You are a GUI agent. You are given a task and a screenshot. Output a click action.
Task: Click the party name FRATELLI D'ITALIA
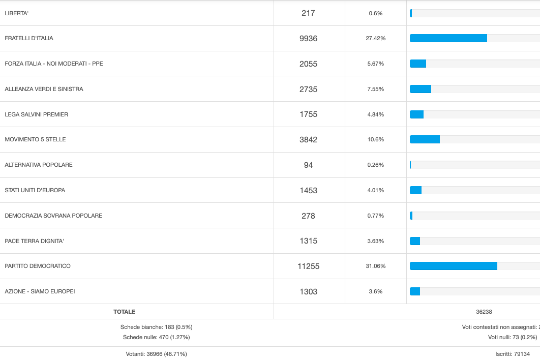29,38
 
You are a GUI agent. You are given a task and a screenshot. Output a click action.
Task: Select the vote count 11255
308,266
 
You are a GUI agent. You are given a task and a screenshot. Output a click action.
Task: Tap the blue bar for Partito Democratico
453,266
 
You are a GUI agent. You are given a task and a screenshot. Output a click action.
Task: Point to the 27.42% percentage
376,38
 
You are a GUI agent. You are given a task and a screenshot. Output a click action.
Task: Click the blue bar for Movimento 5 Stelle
425,139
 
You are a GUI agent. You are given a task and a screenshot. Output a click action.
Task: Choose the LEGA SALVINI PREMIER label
36,114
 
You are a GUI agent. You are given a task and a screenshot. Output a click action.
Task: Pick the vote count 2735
308,89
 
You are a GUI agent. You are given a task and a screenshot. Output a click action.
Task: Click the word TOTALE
124,312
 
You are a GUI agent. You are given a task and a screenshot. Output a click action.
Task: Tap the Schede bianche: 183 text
156,327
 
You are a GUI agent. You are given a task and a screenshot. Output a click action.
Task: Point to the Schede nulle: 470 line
156,337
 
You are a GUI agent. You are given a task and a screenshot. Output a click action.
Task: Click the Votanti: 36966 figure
156,354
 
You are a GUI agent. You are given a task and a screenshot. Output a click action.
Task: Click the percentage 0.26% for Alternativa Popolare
376,165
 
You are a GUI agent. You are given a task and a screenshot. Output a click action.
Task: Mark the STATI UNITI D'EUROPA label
35,190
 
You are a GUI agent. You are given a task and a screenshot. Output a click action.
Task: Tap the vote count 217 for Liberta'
308,13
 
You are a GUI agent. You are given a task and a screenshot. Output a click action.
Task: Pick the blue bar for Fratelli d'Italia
448,38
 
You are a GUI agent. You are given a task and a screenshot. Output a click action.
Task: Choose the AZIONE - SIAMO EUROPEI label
40,291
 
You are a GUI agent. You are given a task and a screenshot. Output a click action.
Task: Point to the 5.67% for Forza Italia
376,64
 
